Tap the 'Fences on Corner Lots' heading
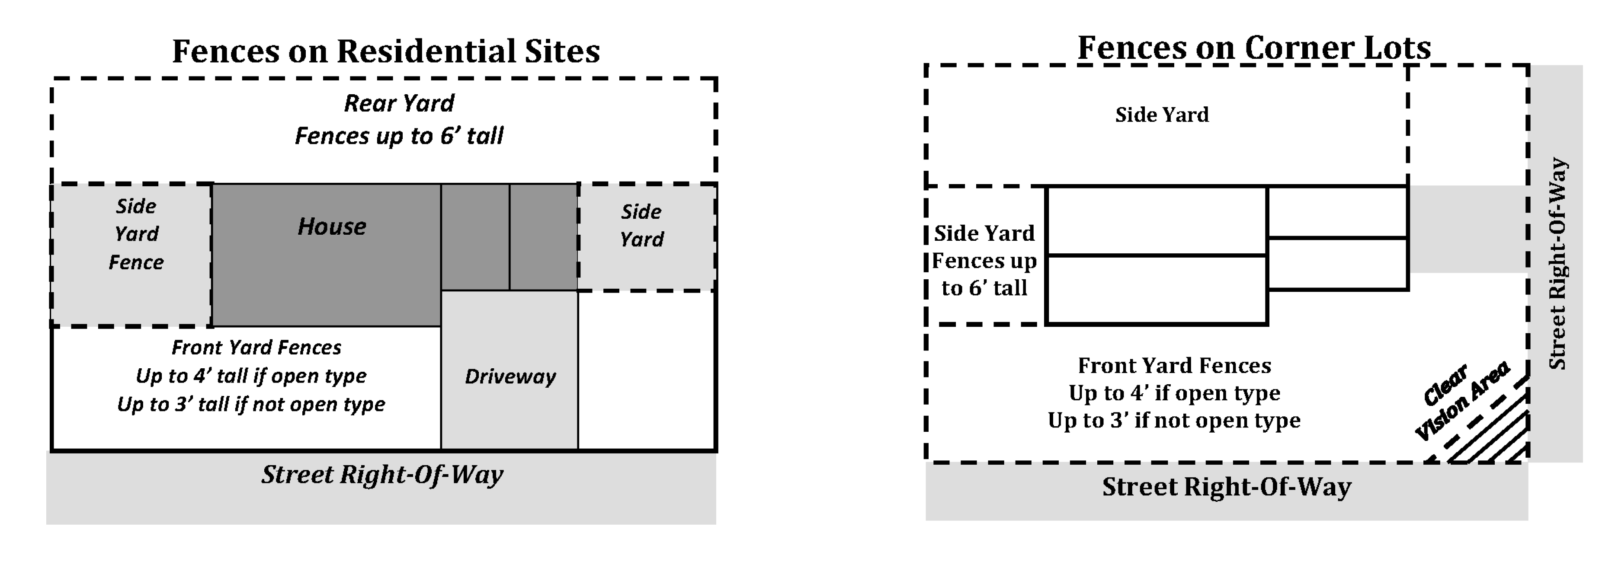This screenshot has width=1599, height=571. click(1254, 48)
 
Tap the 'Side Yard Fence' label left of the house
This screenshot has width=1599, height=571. click(136, 234)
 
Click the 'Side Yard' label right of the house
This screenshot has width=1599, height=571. click(641, 225)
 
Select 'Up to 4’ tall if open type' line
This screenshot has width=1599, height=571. click(251, 376)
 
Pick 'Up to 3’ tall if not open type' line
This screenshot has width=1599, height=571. click(251, 405)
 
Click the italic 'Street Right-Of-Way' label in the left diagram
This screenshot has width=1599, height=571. click(382, 475)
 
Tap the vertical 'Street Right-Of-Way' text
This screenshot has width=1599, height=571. click(1558, 264)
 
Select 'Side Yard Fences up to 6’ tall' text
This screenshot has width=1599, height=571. click(984, 261)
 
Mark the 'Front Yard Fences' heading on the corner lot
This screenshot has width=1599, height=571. click(1174, 366)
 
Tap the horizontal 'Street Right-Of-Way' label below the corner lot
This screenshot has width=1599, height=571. click(1227, 487)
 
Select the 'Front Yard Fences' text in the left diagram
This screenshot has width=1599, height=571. click(256, 348)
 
